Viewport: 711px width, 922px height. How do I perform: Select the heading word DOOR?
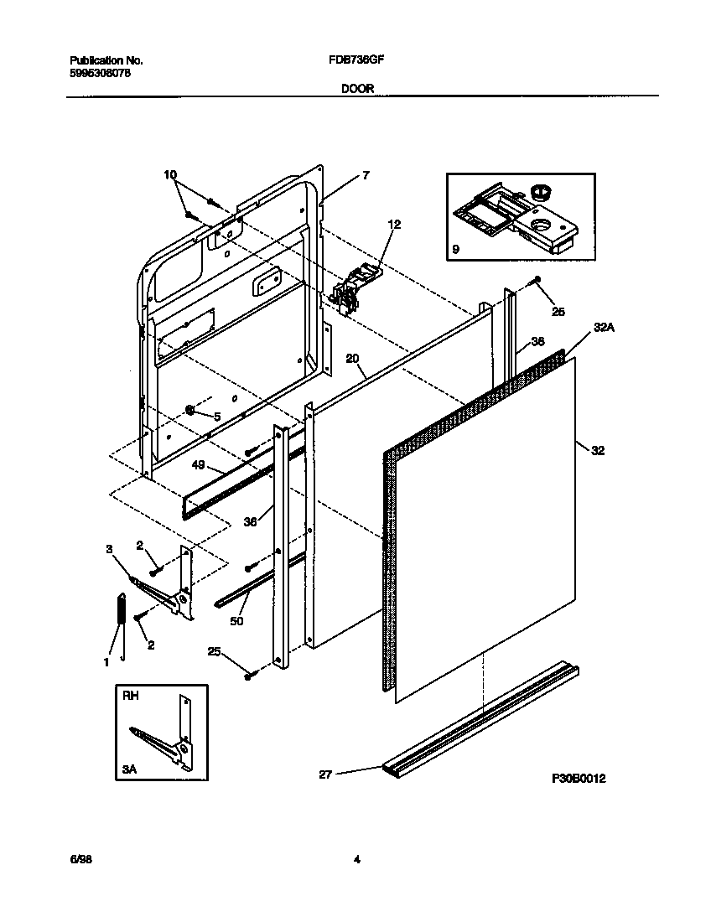click(x=357, y=87)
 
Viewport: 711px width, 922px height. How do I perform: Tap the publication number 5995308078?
click(x=99, y=73)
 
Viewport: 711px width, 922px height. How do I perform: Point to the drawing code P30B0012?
click(x=578, y=779)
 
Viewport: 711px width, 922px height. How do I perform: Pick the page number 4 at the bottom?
click(x=356, y=859)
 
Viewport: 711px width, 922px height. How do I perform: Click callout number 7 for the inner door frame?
click(x=366, y=175)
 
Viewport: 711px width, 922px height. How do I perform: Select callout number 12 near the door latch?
click(x=394, y=224)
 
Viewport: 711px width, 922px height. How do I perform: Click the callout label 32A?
click(x=604, y=329)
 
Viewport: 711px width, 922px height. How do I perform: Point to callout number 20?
click(x=353, y=358)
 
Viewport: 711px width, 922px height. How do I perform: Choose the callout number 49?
click(x=198, y=464)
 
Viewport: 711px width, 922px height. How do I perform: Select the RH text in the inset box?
click(x=131, y=695)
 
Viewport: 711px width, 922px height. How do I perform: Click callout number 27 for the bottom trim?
click(x=325, y=775)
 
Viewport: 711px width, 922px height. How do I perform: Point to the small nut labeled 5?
click(x=191, y=411)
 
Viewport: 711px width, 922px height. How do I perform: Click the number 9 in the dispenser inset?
click(x=455, y=249)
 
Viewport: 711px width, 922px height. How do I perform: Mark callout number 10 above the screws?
click(x=170, y=175)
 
